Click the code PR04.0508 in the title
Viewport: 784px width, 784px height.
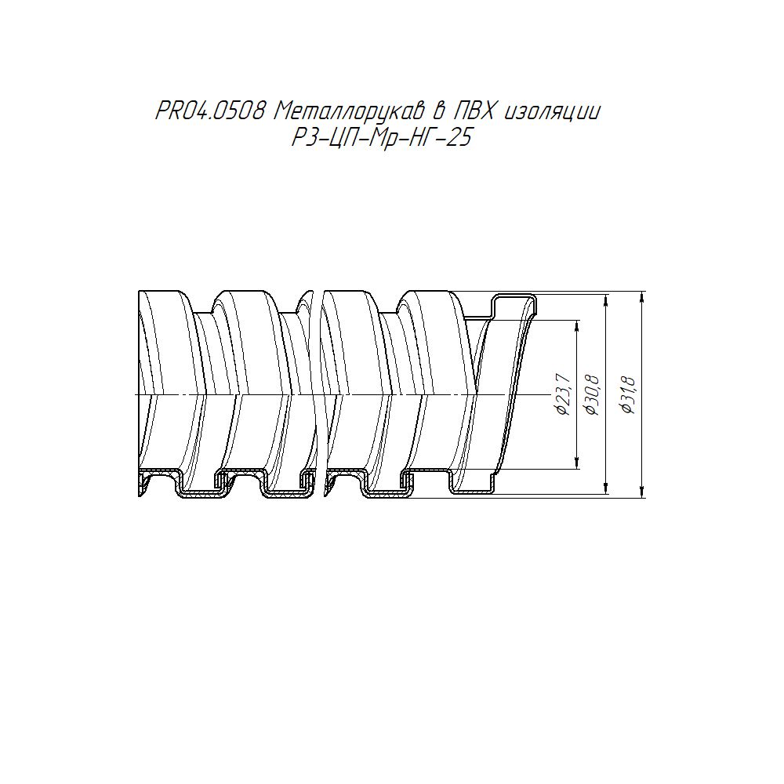click(210, 111)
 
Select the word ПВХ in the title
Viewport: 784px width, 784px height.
click(472, 111)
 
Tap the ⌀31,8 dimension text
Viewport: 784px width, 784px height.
click(627, 394)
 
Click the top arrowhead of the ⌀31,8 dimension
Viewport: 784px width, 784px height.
click(642, 296)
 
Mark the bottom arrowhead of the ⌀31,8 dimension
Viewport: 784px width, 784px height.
click(642, 492)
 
